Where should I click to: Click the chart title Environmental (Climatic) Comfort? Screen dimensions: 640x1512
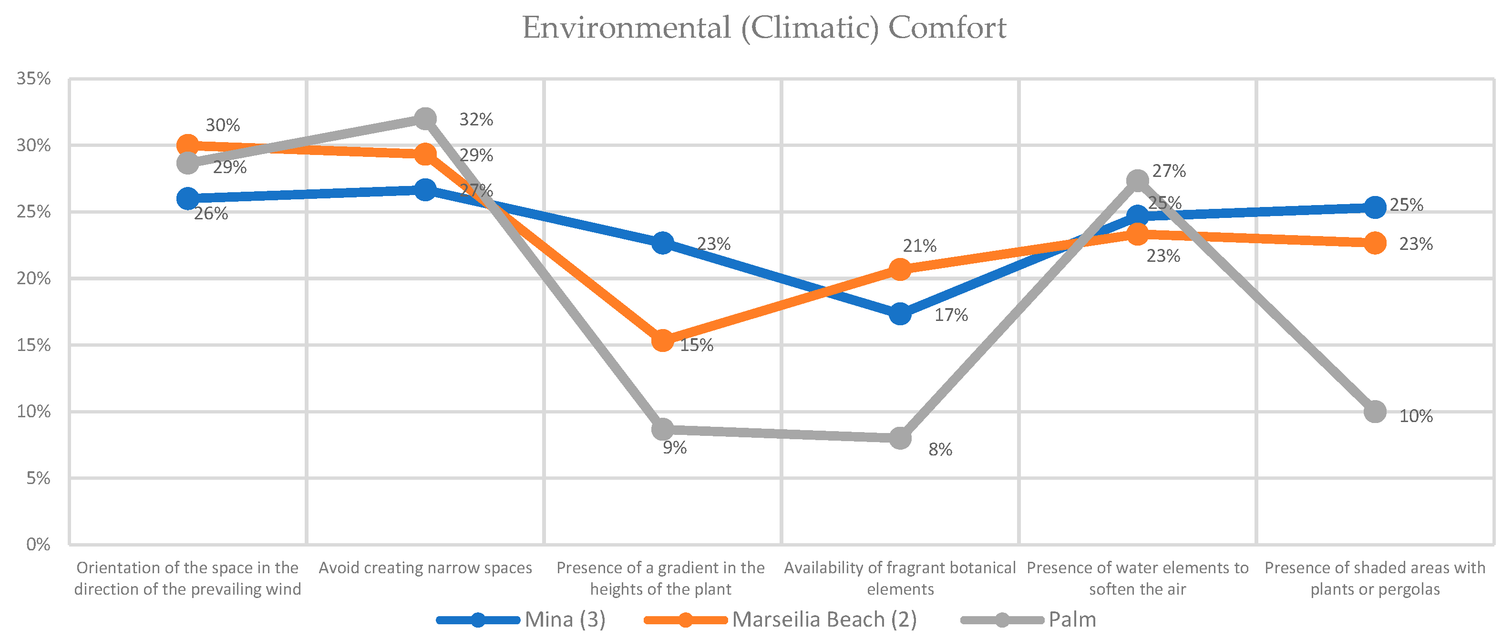(764, 28)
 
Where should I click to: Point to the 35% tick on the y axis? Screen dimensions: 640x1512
(34, 79)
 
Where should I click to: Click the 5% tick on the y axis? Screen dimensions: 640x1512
(39, 478)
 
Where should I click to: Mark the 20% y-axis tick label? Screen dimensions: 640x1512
(34, 279)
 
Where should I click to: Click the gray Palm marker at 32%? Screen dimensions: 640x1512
(425, 119)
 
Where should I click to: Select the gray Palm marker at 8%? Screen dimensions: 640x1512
(900, 438)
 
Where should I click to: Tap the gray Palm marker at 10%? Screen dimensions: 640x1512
(1375, 412)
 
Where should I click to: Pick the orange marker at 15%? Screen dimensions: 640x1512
(663, 341)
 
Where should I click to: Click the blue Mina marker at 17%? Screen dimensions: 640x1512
(900, 314)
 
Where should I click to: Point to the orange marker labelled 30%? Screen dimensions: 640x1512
(188, 145)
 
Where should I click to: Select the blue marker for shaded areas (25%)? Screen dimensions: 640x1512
(1375, 207)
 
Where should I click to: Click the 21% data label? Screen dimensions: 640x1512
(919, 246)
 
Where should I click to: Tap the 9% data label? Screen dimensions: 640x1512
(674, 448)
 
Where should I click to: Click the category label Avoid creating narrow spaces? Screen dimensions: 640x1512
(425, 568)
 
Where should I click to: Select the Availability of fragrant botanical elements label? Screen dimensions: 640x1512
(900, 578)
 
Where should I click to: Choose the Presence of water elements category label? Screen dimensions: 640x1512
(1138, 578)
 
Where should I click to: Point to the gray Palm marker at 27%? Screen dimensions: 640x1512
(1138, 181)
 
